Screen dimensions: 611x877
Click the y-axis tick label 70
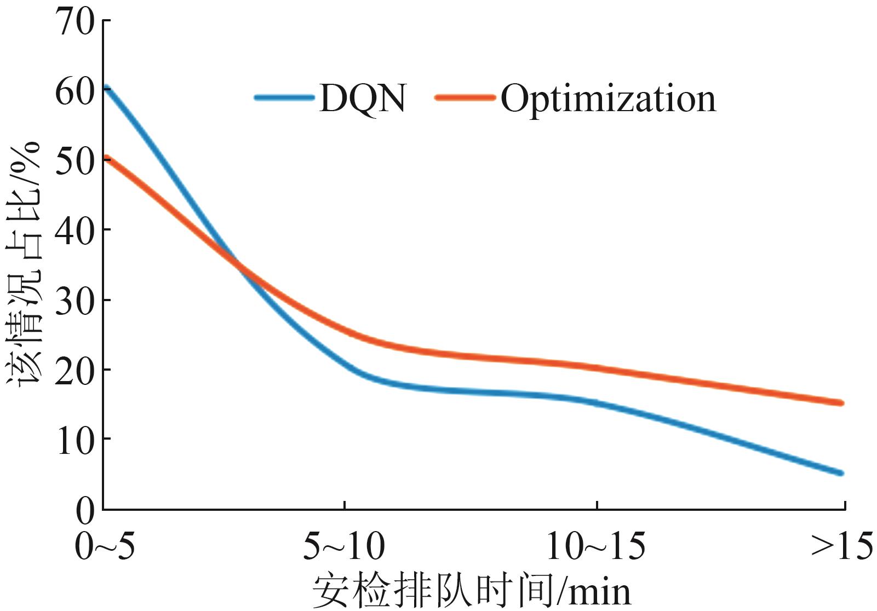pyautogui.click(x=74, y=22)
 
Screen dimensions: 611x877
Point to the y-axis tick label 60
pyautogui.click(x=74, y=92)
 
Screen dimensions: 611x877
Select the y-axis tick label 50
pyautogui.click(x=74, y=162)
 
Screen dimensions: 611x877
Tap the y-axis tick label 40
pyautogui.click(x=74, y=232)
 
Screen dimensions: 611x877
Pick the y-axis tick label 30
pyautogui.click(x=74, y=302)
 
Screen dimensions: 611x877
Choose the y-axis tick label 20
pyautogui.click(x=74, y=371)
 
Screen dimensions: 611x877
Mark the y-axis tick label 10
pyautogui.click(x=74, y=441)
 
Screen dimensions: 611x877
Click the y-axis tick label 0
pyautogui.click(x=85, y=510)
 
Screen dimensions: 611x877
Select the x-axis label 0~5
pyautogui.click(x=105, y=547)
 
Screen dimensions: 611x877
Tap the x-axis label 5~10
pyautogui.click(x=344, y=547)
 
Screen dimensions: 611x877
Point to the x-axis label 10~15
pyautogui.click(x=596, y=547)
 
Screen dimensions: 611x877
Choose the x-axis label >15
pyautogui.click(x=841, y=547)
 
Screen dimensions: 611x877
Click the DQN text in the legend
pyautogui.click(x=363, y=99)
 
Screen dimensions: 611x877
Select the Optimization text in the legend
pyautogui.click(x=608, y=99)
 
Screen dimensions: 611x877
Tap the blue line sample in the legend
pyautogui.click(x=285, y=98)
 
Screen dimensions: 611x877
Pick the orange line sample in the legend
pyautogui.click(x=466, y=98)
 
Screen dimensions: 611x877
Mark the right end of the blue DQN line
pyautogui.click(x=841, y=473)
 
